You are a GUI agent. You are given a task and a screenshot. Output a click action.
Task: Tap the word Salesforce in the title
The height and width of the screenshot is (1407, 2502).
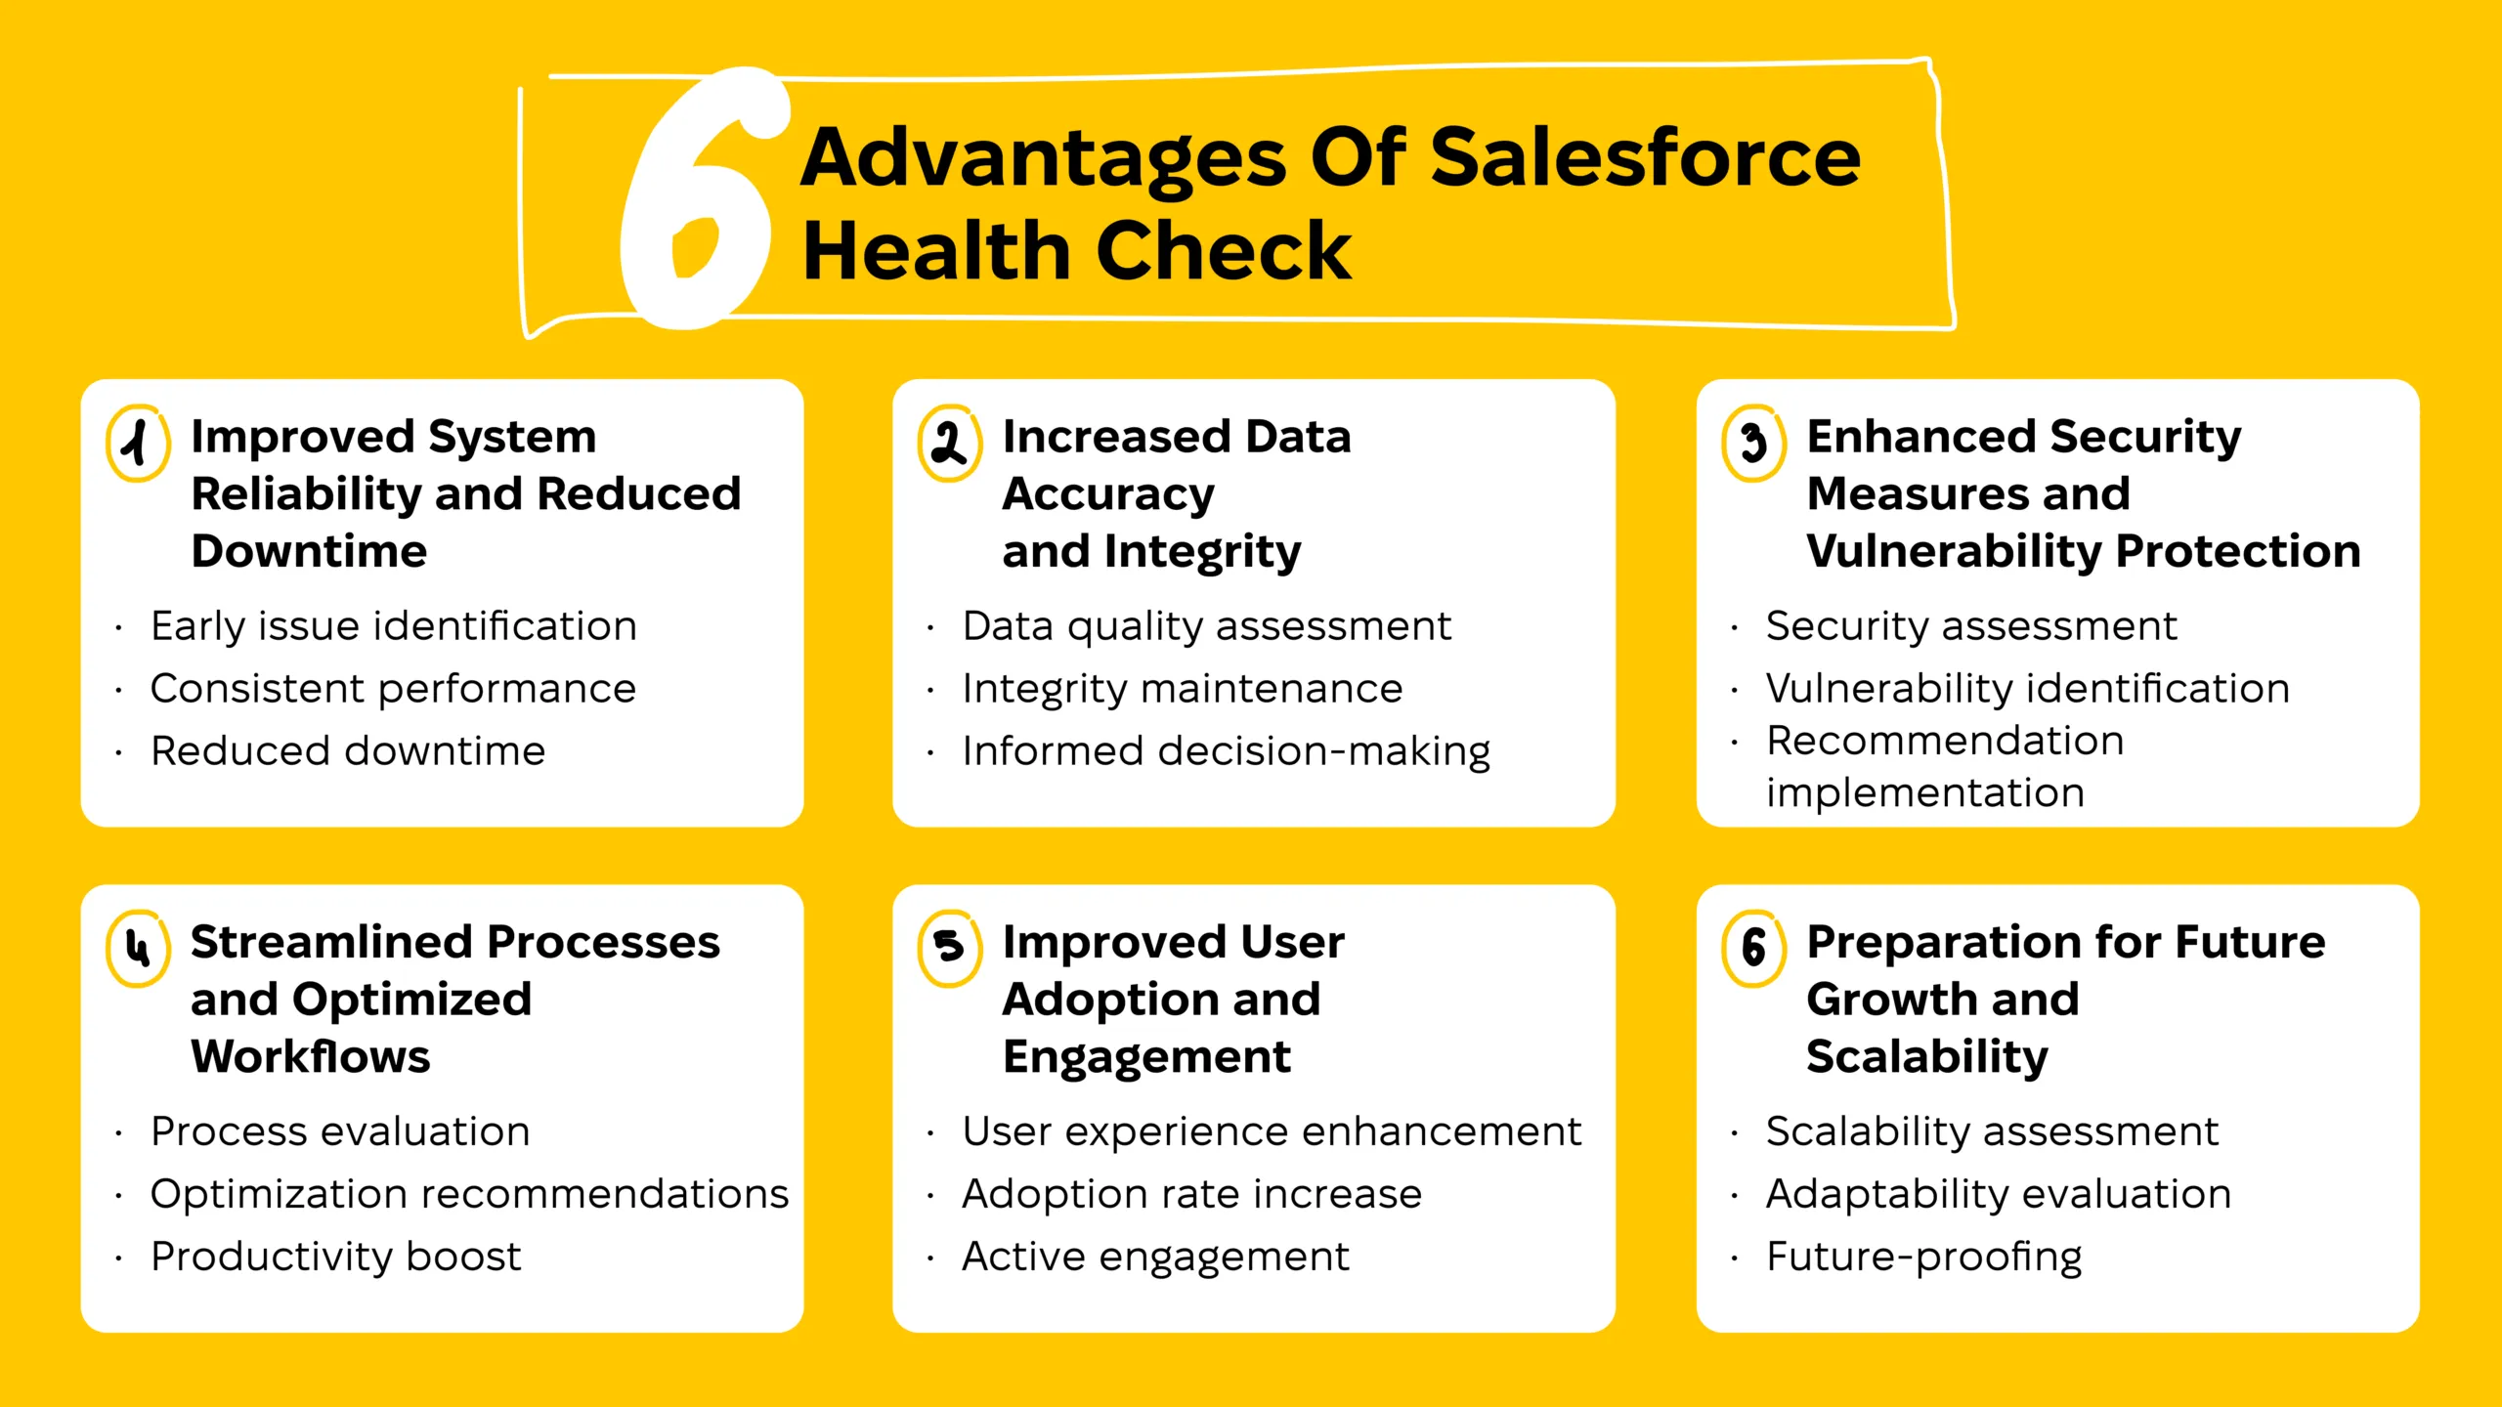(1645, 158)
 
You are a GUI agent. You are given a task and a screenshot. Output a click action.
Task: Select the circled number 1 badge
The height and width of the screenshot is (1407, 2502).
(138, 444)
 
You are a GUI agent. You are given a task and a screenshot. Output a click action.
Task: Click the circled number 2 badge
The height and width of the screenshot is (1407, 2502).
(949, 444)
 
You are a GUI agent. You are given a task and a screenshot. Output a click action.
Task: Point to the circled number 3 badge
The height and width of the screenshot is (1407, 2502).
(1753, 444)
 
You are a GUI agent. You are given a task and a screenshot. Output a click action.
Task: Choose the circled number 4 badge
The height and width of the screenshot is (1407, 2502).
(138, 949)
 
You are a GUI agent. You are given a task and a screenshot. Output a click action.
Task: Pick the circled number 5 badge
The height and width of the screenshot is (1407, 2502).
(949, 949)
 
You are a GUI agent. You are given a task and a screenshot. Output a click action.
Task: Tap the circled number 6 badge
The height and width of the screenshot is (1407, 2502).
(1753, 949)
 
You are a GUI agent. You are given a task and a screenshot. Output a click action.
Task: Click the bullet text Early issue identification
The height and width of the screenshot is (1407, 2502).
(393, 626)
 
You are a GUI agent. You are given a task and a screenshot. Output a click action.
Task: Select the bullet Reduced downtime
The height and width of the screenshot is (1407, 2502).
(347, 751)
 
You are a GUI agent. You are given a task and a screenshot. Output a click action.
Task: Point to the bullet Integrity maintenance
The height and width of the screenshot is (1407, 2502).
(1182, 689)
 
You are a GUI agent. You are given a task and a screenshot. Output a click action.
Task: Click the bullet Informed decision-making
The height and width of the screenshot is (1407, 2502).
(1226, 751)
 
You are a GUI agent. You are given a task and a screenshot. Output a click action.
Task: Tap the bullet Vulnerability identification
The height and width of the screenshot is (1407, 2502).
(2027, 689)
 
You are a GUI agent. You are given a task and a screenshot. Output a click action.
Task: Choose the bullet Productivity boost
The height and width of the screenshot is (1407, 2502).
(335, 1257)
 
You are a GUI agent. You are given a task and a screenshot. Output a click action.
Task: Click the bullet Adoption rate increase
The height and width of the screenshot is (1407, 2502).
(1191, 1194)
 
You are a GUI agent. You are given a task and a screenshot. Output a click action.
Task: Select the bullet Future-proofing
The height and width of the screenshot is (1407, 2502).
(1923, 1257)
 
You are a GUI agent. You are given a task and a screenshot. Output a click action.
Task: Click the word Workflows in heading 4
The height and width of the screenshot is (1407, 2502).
(310, 1056)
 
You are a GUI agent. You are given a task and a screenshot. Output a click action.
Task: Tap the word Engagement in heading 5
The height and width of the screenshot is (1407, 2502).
(1145, 1056)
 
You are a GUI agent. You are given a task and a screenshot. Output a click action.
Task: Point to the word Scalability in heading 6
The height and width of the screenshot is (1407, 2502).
(1926, 1056)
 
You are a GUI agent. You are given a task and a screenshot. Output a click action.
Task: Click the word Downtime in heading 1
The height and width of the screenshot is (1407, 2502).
(309, 551)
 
